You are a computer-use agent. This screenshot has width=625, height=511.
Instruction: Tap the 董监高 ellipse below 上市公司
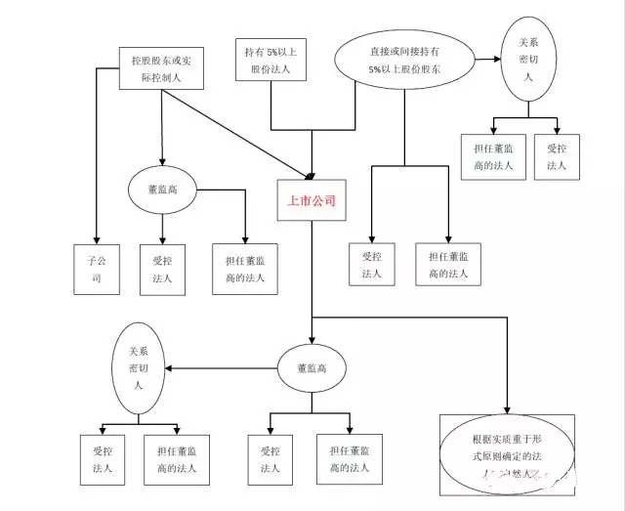click(x=310, y=369)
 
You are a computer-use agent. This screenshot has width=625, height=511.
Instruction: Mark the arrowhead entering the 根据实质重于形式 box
click(x=507, y=407)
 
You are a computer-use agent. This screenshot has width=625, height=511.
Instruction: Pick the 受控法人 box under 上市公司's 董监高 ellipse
click(x=271, y=459)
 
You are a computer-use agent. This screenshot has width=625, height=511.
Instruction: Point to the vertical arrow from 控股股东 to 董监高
click(x=161, y=127)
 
